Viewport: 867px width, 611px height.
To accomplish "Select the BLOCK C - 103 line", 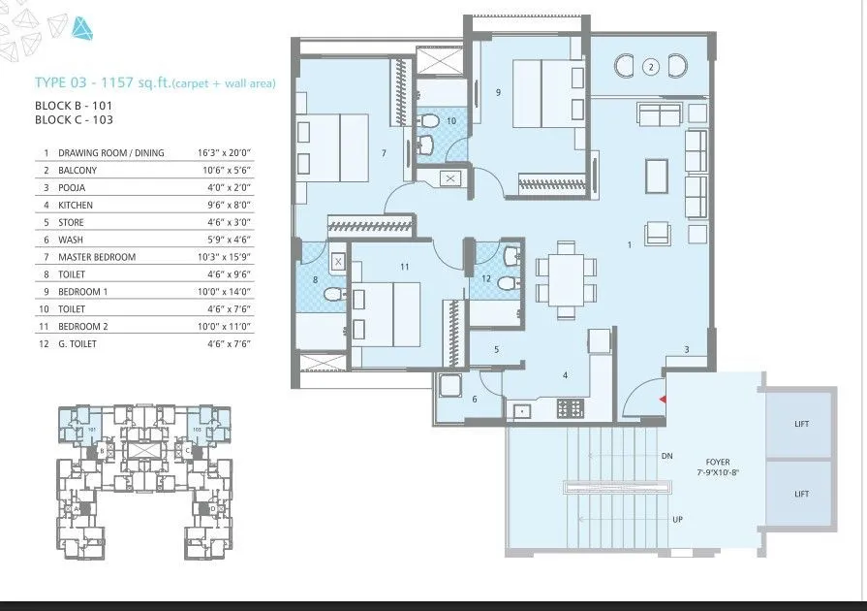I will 74,120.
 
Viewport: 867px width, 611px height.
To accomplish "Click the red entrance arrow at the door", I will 662,399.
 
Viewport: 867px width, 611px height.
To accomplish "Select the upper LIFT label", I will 800,424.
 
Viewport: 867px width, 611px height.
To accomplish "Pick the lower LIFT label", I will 800,494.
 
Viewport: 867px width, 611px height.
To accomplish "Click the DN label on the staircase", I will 666,455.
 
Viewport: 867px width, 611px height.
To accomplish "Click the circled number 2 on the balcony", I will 651,67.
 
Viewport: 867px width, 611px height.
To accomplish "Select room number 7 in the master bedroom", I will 384,153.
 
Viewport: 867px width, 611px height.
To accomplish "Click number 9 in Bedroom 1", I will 497,93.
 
